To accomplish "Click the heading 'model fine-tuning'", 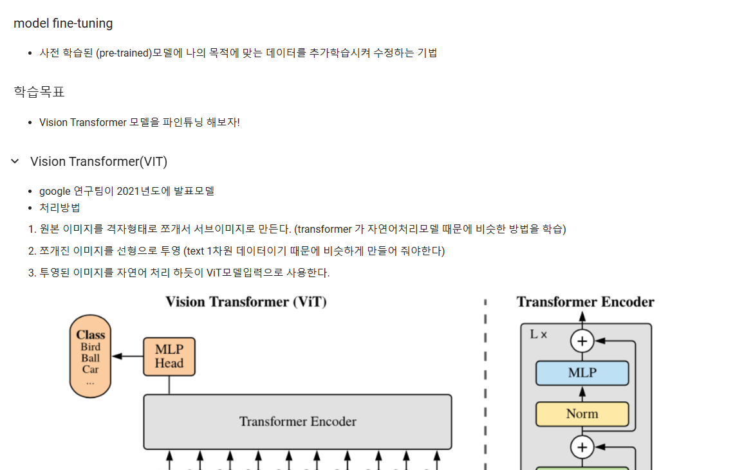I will [63, 24].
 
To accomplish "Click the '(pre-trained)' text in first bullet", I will [124, 53].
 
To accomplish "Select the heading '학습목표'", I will [39, 92].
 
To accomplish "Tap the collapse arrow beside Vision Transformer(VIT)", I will [15, 161].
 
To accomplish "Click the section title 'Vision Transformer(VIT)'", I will [98, 161].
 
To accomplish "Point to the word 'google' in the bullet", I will [55, 191].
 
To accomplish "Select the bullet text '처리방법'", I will [60, 208].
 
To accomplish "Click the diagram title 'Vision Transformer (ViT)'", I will [246, 302].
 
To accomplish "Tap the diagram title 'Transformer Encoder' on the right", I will [585, 302].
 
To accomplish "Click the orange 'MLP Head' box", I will [169, 357].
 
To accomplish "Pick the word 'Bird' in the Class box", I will [91, 347].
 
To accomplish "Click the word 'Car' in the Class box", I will [90, 369].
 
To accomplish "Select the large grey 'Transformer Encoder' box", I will [297, 422].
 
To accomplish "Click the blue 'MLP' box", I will [582, 373].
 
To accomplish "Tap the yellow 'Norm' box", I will [582, 414].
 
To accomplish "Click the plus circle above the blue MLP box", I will [582, 341].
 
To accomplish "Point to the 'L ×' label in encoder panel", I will [538, 334].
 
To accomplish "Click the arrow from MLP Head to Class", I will [127, 357].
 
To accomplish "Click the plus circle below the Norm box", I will [582, 446].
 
